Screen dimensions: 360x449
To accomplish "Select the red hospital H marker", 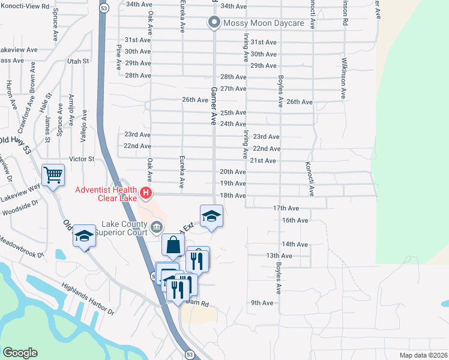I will tap(146, 193).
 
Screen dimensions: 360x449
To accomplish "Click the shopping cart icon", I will tap(53, 175).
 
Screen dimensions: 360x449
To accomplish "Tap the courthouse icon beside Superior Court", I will tap(157, 226).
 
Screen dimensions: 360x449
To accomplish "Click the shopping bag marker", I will tap(172, 245).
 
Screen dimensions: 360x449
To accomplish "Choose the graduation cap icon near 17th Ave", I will tap(211, 215).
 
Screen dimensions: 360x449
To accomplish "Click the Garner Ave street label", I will tap(212, 104).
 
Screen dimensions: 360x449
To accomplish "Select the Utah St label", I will tap(78, 61).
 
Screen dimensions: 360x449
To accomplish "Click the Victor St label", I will tap(82, 159).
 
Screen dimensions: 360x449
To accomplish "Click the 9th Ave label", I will tap(262, 303).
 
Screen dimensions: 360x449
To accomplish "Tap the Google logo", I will tap(19, 353).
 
